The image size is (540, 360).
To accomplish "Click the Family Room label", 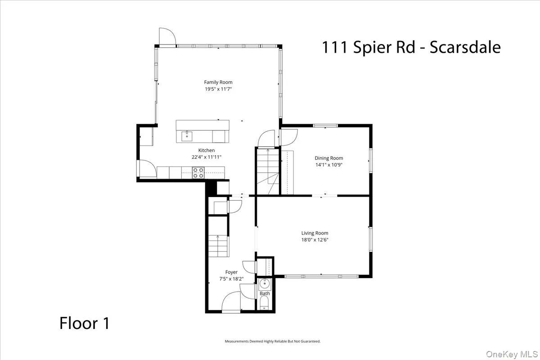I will (218, 82).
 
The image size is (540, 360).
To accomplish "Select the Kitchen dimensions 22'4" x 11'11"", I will (207, 157).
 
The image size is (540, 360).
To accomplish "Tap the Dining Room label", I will (328, 158).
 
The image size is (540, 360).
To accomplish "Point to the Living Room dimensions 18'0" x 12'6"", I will (315, 240).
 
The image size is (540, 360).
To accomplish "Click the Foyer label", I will (231, 272).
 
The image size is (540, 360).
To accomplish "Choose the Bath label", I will (264, 293).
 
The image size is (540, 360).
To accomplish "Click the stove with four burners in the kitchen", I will (198, 172).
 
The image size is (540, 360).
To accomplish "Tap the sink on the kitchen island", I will (187, 135).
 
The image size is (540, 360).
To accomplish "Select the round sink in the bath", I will (264, 283).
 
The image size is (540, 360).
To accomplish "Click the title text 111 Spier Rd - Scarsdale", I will (410, 47).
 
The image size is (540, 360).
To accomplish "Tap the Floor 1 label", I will (84, 323).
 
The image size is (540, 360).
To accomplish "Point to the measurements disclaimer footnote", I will (272, 342).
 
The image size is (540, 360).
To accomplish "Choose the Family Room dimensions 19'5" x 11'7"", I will (218, 89).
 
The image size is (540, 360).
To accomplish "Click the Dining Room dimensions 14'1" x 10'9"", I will (328, 165).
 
